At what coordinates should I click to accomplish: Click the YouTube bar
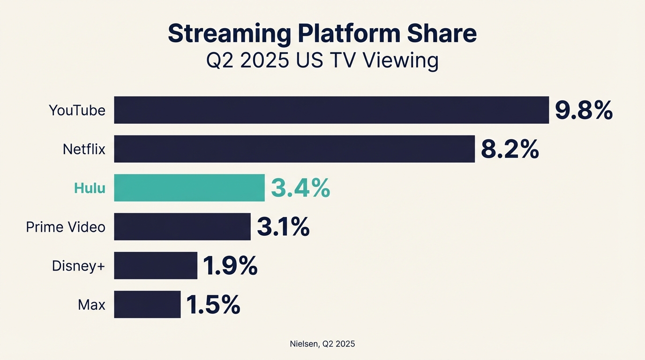331,110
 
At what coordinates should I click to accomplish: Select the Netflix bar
294,149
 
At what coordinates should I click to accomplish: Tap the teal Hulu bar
189,188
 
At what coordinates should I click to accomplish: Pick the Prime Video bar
182,227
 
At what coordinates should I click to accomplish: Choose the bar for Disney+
155,266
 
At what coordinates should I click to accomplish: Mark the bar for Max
147,305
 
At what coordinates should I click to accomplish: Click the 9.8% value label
584,111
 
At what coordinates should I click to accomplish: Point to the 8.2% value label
510,150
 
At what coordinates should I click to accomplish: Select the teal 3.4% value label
300,188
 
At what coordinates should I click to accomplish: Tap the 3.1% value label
283,227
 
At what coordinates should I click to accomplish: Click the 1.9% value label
230,266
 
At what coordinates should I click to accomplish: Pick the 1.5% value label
213,305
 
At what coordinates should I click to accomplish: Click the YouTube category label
77,111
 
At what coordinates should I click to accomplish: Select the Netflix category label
84,150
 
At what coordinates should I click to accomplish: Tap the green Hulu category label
90,188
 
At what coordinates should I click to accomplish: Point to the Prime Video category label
66,227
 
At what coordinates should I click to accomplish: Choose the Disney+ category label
78,266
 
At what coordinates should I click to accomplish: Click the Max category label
91,305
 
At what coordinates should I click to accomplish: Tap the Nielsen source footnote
322,344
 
